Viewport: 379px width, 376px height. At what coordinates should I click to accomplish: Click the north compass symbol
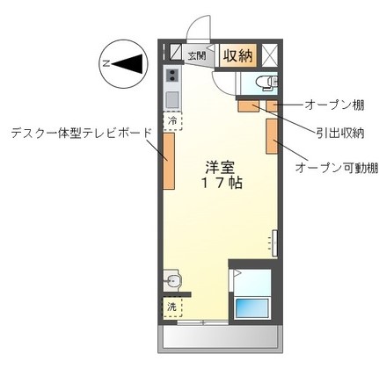[x=120, y=62]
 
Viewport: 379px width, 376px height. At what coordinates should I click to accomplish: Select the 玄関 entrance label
[x=197, y=56]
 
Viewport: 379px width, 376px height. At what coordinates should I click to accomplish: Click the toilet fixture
[x=262, y=85]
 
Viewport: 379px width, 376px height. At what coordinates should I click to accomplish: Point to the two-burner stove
[x=171, y=75]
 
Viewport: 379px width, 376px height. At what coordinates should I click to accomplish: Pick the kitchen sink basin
[x=171, y=96]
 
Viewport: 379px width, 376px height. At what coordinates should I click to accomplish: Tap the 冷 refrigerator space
[x=172, y=119]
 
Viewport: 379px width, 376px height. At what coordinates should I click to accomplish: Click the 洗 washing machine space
[x=172, y=307]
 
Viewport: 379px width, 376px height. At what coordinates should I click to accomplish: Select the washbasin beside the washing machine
[x=172, y=282]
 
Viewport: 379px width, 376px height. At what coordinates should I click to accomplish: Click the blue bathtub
[x=255, y=308]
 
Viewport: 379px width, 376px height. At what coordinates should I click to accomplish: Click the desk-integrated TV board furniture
[x=167, y=159]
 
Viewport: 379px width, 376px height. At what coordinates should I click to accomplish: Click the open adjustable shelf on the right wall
[x=272, y=135]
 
